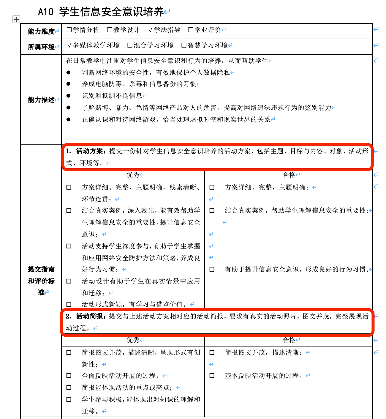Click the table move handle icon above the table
16,19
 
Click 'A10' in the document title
46,12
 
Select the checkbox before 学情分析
69,30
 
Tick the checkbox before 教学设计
110,30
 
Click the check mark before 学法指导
151,30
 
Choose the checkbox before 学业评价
191,30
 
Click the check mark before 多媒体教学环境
69,45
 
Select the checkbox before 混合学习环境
130,45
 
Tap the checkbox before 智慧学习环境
184,45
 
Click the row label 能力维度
41,31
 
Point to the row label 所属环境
41,47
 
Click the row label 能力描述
41,100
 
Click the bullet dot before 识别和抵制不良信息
69,96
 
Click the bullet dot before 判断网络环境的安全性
69,73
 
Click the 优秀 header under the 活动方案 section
133,175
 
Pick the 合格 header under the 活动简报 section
289,340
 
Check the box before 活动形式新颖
69,304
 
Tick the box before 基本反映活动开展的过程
212,376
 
